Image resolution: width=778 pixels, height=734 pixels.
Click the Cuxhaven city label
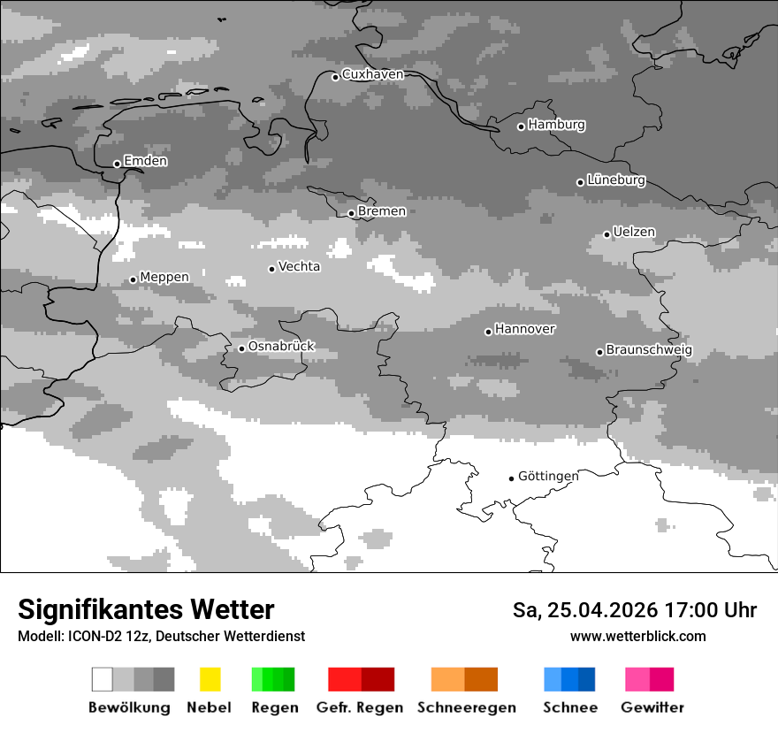point(372,74)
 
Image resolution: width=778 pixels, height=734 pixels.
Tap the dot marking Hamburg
point(521,126)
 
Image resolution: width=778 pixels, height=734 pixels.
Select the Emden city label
point(145,161)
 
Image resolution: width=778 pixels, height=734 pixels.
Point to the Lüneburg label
point(616,180)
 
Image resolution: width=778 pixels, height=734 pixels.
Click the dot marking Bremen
point(351,213)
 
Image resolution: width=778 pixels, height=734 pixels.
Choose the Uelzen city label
point(634,232)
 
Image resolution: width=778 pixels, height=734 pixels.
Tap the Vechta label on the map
point(299,266)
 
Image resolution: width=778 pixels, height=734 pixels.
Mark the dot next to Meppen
point(133,279)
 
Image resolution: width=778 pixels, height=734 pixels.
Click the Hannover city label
point(524,329)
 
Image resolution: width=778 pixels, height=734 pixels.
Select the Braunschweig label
point(649,349)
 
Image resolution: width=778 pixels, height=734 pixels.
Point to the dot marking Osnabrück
point(241,348)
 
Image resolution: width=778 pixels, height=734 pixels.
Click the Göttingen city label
point(548,476)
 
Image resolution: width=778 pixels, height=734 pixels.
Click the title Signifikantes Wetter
point(146,610)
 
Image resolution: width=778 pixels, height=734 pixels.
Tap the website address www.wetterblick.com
point(637,636)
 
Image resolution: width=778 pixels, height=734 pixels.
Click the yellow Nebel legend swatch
point(210,679)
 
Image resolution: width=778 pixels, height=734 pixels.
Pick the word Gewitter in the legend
point(652,707)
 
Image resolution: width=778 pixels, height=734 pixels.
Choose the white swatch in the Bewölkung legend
point(103,679)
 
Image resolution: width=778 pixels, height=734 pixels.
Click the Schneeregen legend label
point(466,707)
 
